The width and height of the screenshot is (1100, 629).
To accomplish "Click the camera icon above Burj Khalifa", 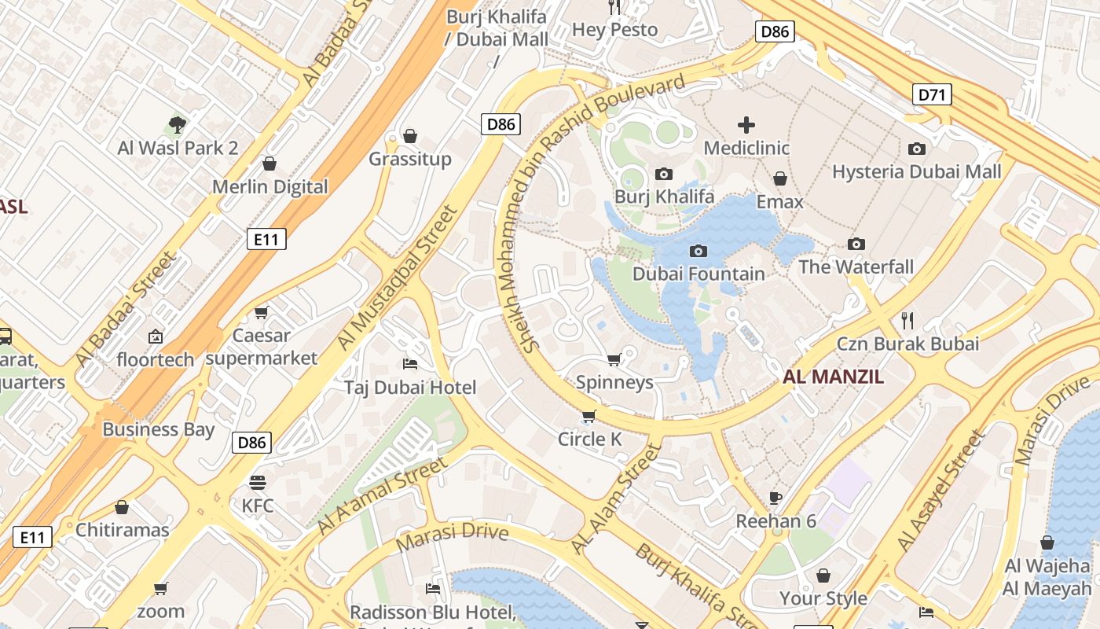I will pos(664,174).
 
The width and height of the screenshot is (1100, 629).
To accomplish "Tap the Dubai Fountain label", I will pos(698,274).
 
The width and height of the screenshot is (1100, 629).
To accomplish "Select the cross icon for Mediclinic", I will pos(746,124).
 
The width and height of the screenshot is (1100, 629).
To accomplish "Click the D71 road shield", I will pos(932,95).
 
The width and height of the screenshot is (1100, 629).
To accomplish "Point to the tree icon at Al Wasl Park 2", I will pos(178,124).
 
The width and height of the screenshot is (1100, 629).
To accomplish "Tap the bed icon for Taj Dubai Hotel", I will pos(409,363).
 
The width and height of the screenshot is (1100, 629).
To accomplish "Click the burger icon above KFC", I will pos(258,482).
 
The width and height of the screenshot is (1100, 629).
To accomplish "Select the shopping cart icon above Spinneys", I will pos(614,359).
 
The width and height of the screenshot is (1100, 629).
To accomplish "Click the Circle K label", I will pos(589,440).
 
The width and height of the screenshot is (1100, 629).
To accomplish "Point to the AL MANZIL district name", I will pos(833,377).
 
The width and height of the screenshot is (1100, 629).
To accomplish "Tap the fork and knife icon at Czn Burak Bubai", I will pos(907,320).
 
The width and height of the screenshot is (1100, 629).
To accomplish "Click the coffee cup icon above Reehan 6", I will pos(775,497).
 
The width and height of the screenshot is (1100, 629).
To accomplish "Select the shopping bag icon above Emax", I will pos(780,178).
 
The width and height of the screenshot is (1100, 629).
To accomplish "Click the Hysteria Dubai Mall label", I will pos(917,171).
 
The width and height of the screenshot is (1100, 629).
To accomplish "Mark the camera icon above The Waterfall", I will pos(856,244).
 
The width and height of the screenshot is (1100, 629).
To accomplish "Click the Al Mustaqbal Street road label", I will pos(397,278).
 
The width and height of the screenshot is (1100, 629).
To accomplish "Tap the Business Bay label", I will pos(158,429).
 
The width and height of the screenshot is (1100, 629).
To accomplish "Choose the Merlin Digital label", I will pos(269,186).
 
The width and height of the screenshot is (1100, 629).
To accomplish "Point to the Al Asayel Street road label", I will pos(940,491).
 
